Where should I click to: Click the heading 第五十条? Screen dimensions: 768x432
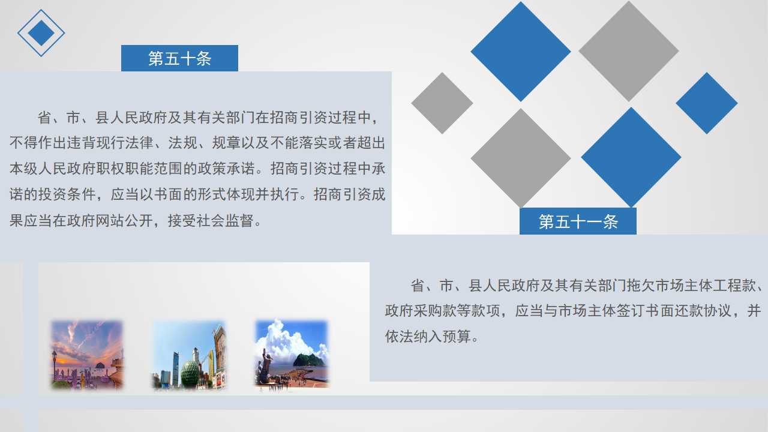[179, 58]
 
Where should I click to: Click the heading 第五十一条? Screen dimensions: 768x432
[578, 221]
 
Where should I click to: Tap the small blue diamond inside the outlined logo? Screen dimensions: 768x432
[41, 33]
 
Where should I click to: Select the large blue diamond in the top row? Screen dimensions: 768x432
[520, 52]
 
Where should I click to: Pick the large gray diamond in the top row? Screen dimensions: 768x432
[628, 51]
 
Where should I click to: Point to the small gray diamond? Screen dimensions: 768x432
[442, 103]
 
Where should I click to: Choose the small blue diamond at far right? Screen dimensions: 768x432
[707, 103]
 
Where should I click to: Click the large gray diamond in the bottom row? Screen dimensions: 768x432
[520, 158]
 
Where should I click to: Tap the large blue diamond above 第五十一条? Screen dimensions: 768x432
[631, 157]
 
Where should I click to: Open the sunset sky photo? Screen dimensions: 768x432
[87, 354]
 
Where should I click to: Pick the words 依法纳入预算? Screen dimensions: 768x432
[428, 337]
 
